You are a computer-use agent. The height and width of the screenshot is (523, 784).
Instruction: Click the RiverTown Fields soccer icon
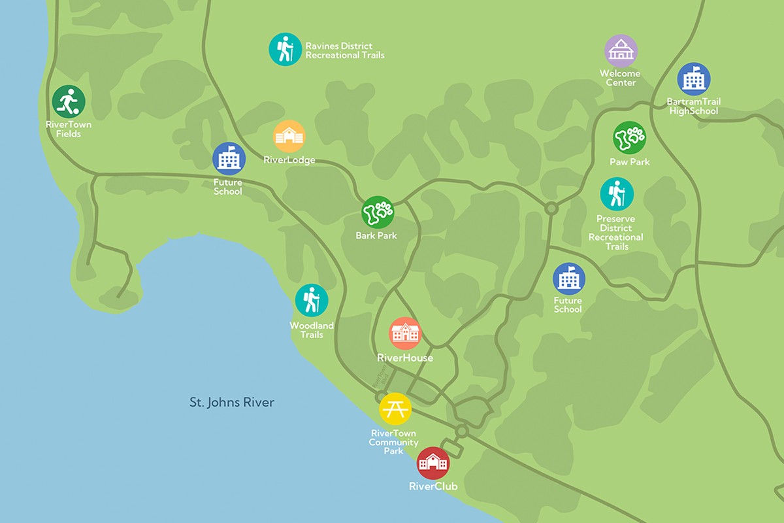(x=69, y=102)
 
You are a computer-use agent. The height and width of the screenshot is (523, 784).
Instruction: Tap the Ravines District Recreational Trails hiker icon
(x=285, y=49)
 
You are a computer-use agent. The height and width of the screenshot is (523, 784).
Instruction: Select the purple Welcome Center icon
(x=621, y=51)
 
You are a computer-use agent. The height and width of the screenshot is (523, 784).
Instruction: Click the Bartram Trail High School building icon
(x=693, y=80)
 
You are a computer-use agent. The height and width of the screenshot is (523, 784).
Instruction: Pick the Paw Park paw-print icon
(x=629, y=138)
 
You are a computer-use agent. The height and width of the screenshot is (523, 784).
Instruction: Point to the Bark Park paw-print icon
(x=378, y=212)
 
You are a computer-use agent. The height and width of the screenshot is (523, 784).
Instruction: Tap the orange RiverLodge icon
(x=289, y=137)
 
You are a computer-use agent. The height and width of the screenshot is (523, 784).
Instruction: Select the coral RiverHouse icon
(x=405, y=333)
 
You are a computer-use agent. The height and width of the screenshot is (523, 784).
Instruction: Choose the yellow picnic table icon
(x=395, y=409)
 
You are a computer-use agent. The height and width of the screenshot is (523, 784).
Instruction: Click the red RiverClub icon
(x=433, y=464)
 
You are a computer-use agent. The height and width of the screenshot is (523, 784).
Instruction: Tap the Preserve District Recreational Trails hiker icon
(x=617, y=194)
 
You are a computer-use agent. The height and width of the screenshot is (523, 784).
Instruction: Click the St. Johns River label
(x=232, y=402)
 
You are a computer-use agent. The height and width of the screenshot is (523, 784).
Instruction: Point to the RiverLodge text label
(x=289, y=160)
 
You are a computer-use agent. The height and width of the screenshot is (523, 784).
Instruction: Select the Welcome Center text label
(x=620, y=78)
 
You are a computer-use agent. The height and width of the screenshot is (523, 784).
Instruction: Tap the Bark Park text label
(x=376, y=235)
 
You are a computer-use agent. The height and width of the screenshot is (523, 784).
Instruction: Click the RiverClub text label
(x=433, y=486)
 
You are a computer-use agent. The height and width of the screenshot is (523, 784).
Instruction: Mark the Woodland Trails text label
(x=312, y=330)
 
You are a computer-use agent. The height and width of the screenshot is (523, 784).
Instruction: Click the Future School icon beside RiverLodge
(x=229, y=159)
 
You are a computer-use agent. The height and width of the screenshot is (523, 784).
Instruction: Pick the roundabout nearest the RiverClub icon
(x=462, y=431)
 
